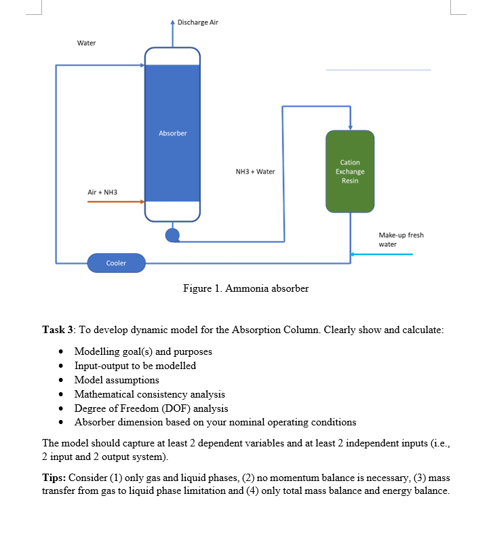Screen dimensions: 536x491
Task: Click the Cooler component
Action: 116,263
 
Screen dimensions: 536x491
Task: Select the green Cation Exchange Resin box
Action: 350,171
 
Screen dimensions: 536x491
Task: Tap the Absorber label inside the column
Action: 172,133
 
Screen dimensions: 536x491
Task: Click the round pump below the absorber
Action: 172,235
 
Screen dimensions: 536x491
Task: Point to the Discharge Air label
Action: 197,22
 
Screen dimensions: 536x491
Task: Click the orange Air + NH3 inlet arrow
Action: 115,202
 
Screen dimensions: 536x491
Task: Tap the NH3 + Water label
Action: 255,172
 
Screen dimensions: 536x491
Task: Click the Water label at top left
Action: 86,43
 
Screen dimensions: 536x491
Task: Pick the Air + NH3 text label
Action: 102,192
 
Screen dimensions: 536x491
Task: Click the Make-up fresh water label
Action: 400,240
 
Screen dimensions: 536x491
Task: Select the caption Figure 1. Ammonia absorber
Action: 245,288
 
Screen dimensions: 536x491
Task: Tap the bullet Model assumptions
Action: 117,380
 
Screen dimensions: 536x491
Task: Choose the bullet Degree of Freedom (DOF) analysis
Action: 151,408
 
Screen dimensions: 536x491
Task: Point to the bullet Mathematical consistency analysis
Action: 149,394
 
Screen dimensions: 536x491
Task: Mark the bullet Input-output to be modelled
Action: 135,366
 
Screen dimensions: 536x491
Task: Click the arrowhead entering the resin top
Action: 350,127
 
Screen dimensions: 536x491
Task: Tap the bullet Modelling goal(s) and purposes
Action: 143,351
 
